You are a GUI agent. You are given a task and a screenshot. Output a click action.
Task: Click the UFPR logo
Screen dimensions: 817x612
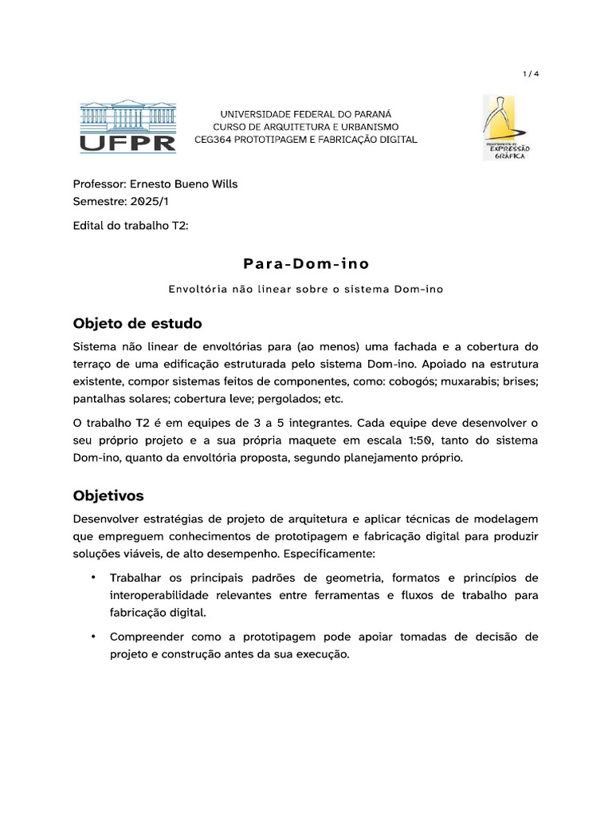[127, 126]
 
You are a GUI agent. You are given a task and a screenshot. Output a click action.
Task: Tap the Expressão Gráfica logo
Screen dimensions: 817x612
[508, 127]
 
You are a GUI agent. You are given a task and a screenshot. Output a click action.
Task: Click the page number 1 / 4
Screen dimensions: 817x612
[531, 74]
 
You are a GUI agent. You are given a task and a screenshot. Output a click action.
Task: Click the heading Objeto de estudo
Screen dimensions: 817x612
[137, 323]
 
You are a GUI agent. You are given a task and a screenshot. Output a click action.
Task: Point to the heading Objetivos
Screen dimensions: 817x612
[108, 495]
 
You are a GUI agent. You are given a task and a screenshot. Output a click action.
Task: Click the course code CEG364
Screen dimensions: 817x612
[214, 140]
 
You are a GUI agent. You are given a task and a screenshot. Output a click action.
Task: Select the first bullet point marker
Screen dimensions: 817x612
[93, 577]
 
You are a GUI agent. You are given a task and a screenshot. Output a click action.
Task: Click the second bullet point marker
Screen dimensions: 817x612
[93, 636]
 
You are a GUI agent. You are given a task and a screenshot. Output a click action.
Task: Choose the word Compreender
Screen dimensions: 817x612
[150, 637]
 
